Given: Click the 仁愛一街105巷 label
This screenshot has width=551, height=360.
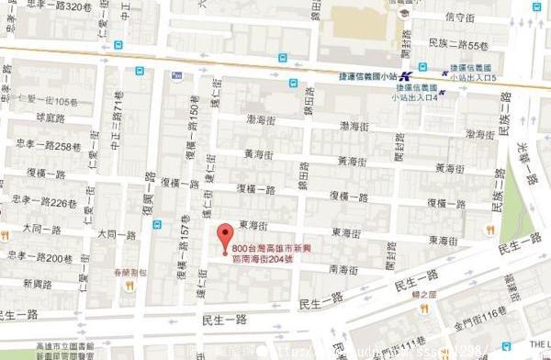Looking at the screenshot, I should pyautogui.click(x=53, y=100).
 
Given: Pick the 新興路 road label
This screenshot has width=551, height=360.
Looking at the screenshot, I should pyautogui.click(x=39, y=283).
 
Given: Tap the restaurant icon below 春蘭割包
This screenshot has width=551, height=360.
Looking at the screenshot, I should pyautogui.click(x=129, y=286).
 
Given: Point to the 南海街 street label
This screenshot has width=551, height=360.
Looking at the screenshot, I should pyautogui.click(x=343, y=269).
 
